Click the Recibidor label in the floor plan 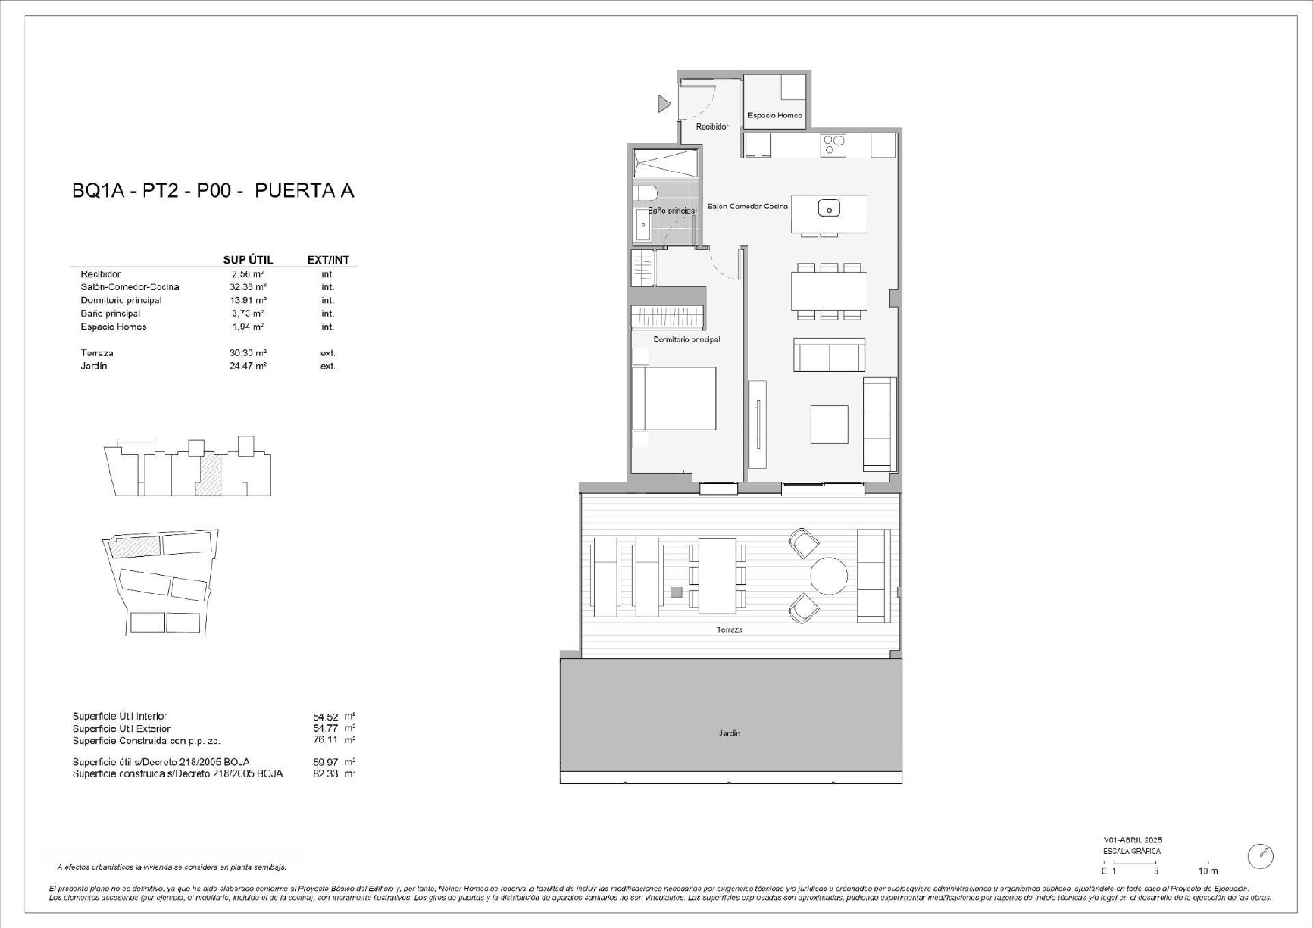(x=712, y=127)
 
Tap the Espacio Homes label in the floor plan (x=775, y=116)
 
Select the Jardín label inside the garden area (x=730, y=734)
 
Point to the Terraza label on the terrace (x=729, y=630)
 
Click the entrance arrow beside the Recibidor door (x=664, y=104)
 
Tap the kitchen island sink (x=828, y=208)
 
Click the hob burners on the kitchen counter (x=833, y=144)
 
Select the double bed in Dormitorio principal (x=673, y=398)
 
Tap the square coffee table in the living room (x=829, y=425)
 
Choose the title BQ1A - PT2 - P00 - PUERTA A (x=213, y=191)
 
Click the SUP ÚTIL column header (x=249, y=260)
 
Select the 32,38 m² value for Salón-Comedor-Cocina (x=249, y=287)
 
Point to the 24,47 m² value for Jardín (x=249, y=367)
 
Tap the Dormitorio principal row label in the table (x=121, y=300)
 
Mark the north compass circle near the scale (x=1260, y=856)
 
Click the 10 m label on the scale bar (x=1208, y=871)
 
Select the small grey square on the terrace (x=675, y=592)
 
